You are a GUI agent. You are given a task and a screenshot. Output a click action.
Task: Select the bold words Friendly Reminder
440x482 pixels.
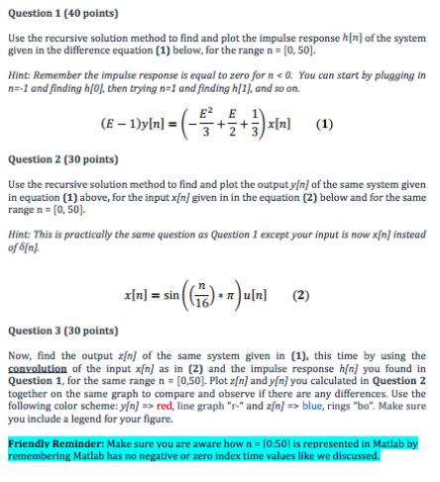[x=49, y=444]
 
